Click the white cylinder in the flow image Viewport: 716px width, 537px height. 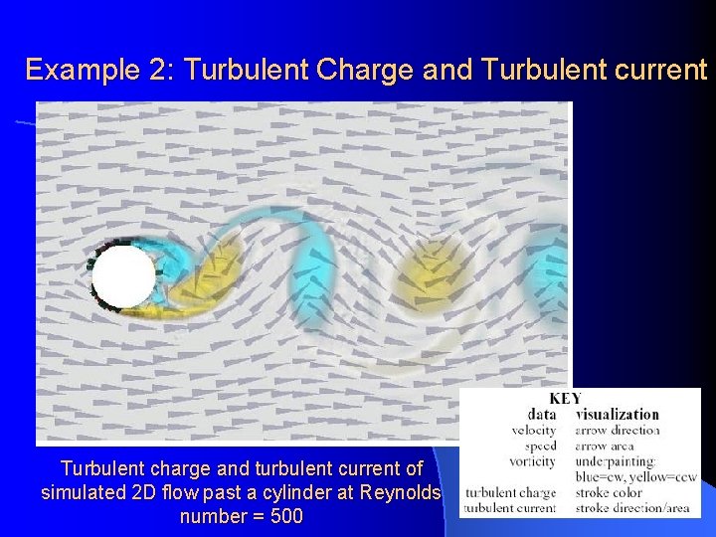(124, 276)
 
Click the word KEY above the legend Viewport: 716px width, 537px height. (565, 398)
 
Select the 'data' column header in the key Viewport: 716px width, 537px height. (541, 414)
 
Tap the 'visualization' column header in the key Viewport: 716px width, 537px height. (617, 414)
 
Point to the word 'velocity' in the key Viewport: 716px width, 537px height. (534, 431)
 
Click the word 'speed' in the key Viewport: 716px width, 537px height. (540, 447)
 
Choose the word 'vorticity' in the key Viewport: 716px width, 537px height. (533, 461)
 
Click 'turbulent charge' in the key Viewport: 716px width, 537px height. (511, 493)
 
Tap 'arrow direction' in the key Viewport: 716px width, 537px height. (618, 431)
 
